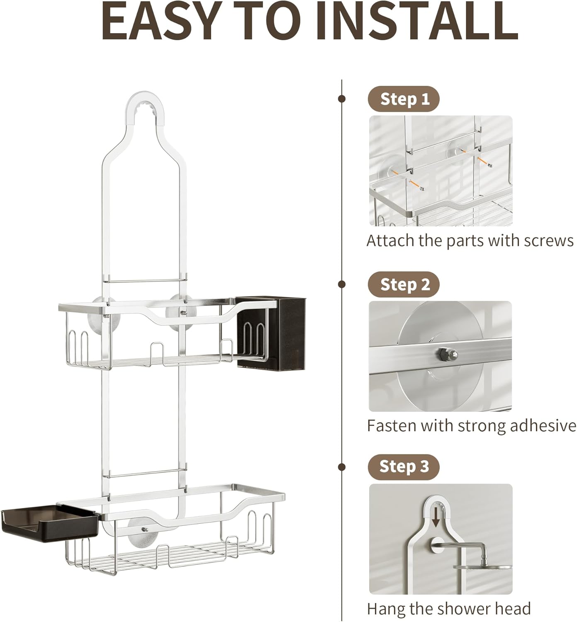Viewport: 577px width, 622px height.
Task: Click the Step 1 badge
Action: pyautogui.click(x=403, y=99)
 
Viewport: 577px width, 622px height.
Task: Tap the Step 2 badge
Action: pyautogui.click(x=403, y=284)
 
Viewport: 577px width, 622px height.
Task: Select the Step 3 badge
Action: pyautogui.click(x=403, y=466)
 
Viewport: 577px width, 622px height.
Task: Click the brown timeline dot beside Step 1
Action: pyautogui.click(x=342, y=99)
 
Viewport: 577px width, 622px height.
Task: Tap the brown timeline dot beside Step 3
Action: pyautogui.click(x=342, y=467)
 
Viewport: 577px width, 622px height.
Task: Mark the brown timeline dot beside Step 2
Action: pyautogui.click(x=342, y=284)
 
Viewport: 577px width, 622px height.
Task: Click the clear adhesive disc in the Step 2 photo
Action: pyautogui.click(x=427, y=328)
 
